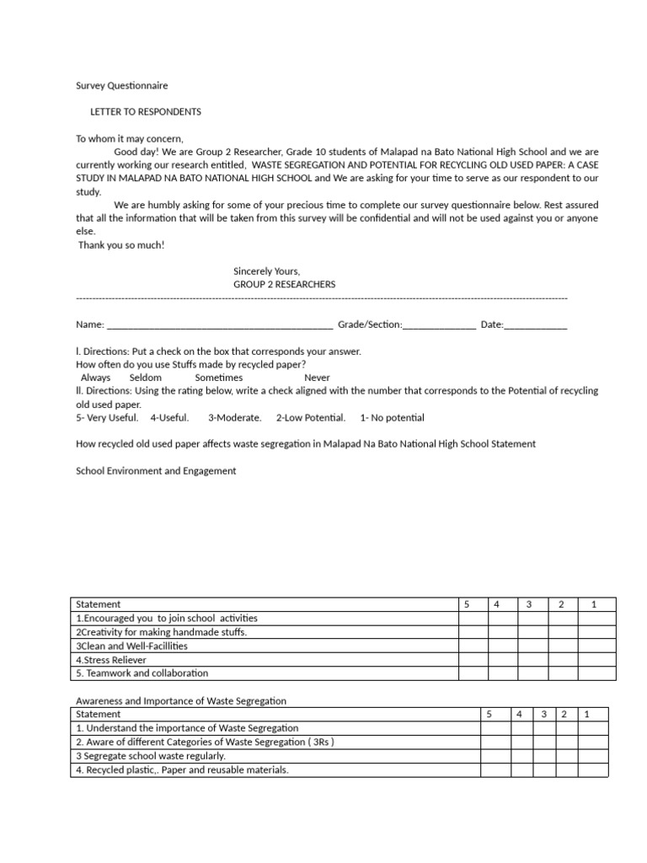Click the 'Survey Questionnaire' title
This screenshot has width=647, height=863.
pos(121,85)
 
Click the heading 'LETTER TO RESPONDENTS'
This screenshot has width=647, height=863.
pos(146,112)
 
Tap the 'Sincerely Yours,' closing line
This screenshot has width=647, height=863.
pos(266,271)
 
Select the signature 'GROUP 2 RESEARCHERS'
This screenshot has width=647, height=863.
pos(284,284)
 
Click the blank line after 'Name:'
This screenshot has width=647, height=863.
pos(220,325)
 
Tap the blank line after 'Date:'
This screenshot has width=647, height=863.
pos(536,325)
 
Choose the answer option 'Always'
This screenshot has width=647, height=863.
pos(95,378)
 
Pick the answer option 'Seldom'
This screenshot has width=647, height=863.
pos(145,378)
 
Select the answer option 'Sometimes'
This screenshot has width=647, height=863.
pos(218,378)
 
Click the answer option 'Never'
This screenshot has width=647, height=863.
pos(317,378)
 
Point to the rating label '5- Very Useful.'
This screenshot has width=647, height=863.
pos(107,417)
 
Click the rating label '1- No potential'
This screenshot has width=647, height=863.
pos(392,417)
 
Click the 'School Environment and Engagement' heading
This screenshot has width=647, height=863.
pos(156,471)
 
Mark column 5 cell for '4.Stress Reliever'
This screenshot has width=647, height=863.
pos(473,659)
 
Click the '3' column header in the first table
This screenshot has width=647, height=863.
pos(529,604)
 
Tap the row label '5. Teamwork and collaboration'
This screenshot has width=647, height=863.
pos(142,673)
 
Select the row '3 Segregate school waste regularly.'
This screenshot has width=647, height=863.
pos(151,756)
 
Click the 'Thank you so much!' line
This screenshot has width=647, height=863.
pos(121,245)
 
